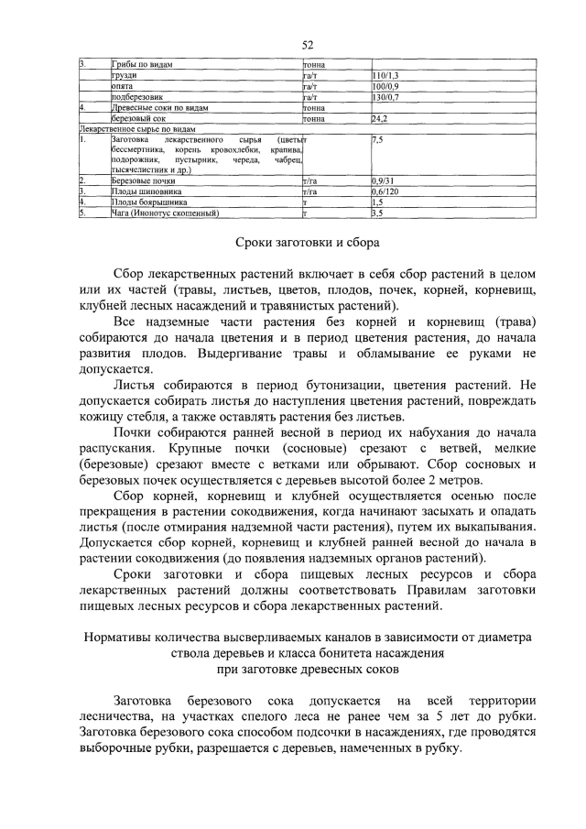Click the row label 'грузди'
124,75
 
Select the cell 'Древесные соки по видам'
159,107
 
